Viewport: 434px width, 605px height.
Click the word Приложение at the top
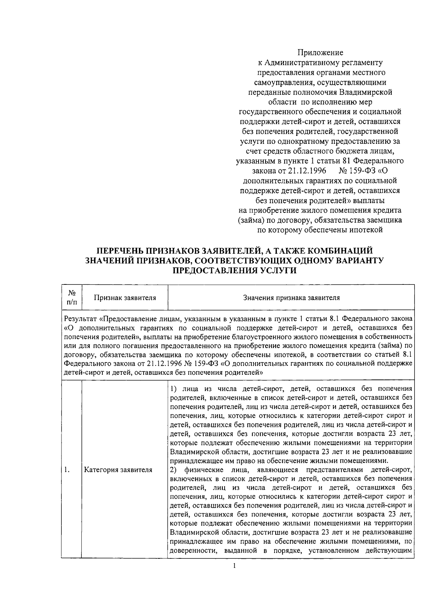pyautogui.click(x=320, y=53)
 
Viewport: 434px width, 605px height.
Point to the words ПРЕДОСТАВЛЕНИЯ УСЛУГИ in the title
pyautogui.click(x=235, y=271)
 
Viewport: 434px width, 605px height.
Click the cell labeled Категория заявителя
pyautogui.click(x=118, y=470)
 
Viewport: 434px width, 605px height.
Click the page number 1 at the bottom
pyautogui.click(x=235, y=576)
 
